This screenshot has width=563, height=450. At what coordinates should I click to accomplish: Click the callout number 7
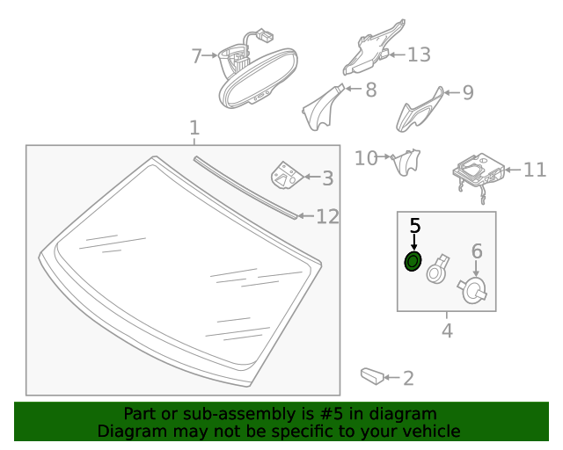point(197,56)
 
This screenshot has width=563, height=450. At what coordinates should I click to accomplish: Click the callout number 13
point(419,54)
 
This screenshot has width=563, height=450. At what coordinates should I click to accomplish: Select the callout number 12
point(327,216)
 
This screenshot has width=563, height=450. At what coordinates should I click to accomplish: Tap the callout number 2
point(407,379)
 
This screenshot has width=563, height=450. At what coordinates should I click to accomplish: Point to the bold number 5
point(415,226)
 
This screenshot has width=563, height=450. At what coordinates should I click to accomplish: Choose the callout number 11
point(535,170)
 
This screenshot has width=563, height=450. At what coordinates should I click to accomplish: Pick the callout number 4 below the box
point(447,331)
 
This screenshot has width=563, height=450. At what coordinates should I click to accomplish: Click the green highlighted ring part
point(412,261)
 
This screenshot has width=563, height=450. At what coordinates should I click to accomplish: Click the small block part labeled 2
point(371,377)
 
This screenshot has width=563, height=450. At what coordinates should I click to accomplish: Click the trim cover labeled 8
point(320,105)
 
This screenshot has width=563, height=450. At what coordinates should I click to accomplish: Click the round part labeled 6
point(474,291)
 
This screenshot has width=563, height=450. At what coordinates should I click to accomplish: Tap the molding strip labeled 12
point(246,186)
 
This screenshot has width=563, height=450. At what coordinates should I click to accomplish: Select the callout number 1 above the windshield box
point(194,128)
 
